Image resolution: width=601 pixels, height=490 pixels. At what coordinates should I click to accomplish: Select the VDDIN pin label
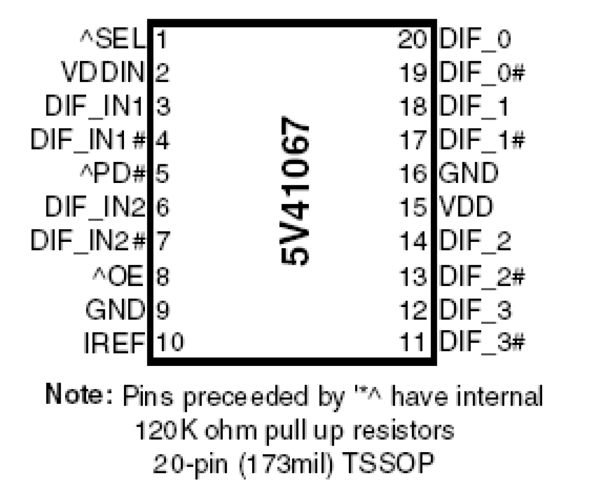click(102, 72)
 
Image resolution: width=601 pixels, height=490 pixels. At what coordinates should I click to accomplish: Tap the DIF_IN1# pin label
click(88, 139)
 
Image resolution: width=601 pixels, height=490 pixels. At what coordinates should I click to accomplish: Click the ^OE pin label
click(118, 276)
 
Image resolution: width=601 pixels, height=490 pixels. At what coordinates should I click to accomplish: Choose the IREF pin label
click(114, 342)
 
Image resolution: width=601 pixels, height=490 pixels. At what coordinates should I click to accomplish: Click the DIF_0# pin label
click(482, 72)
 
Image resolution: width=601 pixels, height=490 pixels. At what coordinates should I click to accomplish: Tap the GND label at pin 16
click(468, 173)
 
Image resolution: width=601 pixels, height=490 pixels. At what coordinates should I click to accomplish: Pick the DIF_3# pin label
click(482, 342)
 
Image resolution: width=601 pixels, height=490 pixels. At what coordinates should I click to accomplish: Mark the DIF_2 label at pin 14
click(475, 240)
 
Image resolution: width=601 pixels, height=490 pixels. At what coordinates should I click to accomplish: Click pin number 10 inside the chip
click(170, 342)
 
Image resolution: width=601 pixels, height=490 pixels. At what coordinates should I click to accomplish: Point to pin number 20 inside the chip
click(412, 39)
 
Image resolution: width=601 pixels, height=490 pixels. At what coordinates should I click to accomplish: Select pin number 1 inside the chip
click(162, 39)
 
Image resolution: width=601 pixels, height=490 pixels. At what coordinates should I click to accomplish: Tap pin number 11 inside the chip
click(413, 342)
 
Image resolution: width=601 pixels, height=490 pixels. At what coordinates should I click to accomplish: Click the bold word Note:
click(79, 395)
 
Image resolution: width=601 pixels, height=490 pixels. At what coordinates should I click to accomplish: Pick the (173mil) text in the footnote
click(286, 463)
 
